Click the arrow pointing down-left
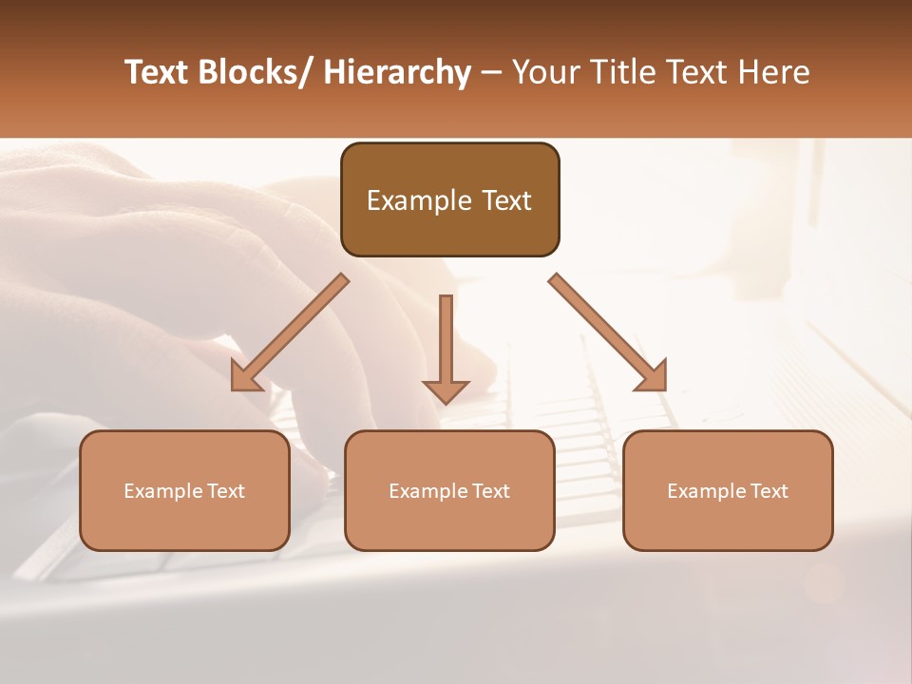point(290,332)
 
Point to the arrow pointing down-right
point(608,332)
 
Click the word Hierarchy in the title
point(396,72)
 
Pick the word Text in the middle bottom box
point(490,491)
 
